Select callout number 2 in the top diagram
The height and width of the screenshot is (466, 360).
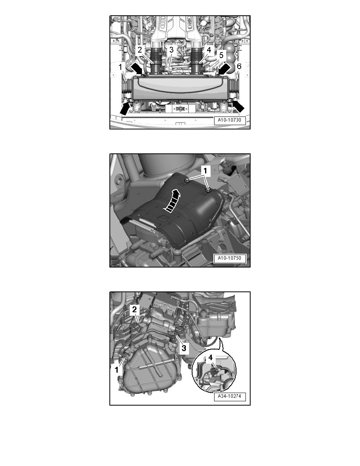click(139, 49)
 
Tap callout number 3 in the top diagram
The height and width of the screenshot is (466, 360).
click(171, 49)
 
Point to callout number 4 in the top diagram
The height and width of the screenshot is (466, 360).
click(209, 50)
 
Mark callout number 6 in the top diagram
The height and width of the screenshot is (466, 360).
click(239, 67)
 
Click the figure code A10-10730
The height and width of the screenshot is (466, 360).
click(229, 121)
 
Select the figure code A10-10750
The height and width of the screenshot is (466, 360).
click(229, 258)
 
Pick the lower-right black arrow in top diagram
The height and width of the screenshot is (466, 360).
click(238, 107)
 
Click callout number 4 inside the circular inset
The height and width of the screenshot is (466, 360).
click(211, 358)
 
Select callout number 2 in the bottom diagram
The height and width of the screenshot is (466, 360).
click(134, 309)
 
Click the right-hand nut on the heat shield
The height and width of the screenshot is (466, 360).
click(208, 191)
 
